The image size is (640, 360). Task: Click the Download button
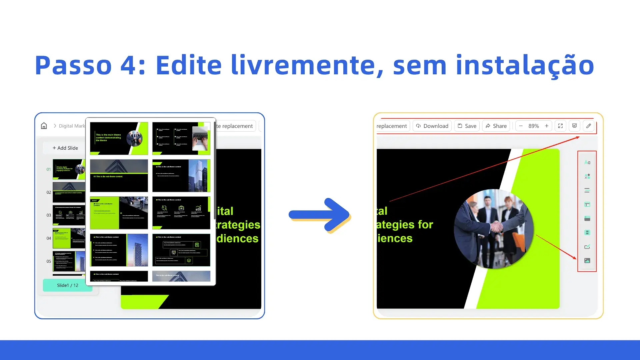[432, 126]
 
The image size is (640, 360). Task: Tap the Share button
[496, 126]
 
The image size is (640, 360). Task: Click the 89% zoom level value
[533, 126]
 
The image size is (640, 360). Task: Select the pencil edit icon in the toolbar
[589, 126]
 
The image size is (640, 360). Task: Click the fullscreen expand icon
[560, 126]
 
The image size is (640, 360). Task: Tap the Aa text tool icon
[587, 162]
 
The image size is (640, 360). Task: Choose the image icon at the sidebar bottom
[587, 261]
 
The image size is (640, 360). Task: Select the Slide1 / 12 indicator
[67, 285]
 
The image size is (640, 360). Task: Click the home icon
[44, 126]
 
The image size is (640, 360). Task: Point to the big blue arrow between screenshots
[319, 215]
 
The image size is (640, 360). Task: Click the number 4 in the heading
[128, 65]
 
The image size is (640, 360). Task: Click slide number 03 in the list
[49, 215]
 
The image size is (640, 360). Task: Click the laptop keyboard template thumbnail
[181, 138]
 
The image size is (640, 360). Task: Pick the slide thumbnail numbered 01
[69, 169]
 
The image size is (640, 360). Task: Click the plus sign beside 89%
[547, 126]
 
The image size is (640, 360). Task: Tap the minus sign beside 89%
[521, 126]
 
